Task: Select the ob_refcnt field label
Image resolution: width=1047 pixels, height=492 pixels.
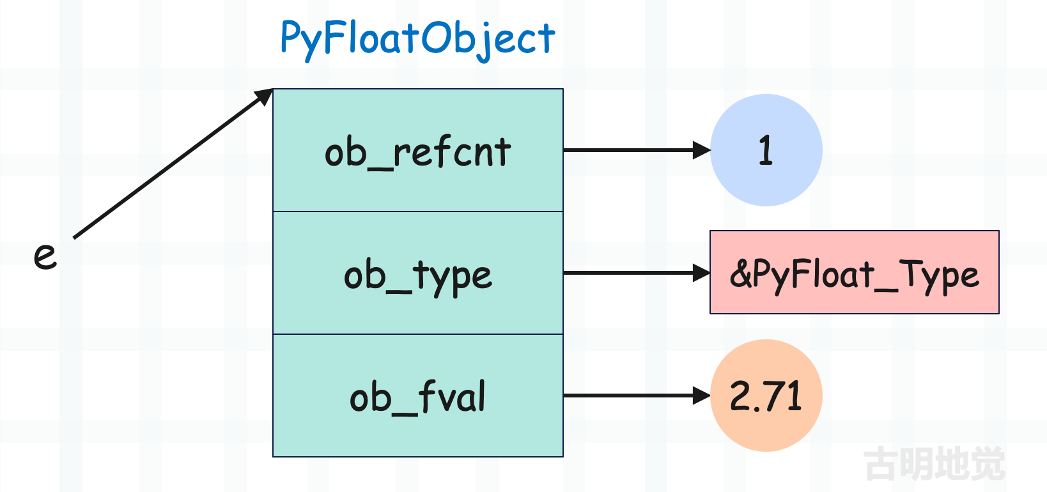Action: coord(418,152)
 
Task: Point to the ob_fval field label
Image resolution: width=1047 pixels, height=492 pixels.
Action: coord(418,397)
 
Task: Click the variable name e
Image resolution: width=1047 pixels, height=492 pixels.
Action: coord(45,256)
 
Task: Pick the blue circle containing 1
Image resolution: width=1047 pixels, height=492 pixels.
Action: coord(766,150)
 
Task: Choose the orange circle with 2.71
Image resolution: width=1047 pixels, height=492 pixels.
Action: coord(766,396)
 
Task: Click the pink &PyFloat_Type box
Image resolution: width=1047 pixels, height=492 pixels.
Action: coord(855,272)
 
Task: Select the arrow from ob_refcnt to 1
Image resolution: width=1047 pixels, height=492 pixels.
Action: coord(637,150)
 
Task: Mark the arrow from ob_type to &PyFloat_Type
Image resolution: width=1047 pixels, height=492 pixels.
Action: coord(637,273)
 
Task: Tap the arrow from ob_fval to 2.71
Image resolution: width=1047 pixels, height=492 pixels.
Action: coord(637,396)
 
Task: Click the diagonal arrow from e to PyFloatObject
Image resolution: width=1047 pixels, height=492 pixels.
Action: coord(173,163)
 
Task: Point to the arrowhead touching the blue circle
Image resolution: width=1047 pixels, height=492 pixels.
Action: coord(702,150)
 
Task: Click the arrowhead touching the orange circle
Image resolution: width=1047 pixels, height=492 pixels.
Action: coord(702,396)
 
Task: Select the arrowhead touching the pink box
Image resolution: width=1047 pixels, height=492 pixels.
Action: coord(701,273)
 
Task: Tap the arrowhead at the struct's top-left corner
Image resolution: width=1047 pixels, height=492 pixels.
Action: coord(264,96)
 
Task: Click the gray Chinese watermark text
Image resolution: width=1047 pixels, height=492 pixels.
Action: coord(935,463)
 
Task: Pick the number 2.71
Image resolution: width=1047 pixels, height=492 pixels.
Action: coord(766,396)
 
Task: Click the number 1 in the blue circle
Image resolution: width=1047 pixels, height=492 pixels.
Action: coord(766,150)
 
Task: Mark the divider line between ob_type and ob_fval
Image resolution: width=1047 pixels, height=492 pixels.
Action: coord(418,334)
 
